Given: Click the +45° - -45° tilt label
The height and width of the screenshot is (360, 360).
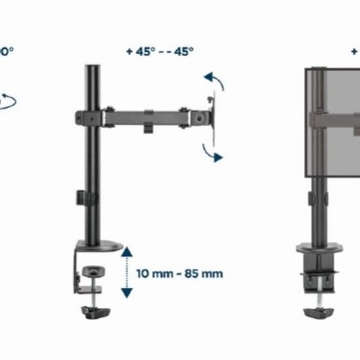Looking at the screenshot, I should tap(159, 50).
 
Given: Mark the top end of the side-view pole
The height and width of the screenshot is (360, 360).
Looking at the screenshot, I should tap(92, 68).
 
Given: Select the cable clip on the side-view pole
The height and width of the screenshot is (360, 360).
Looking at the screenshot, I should tap(82, 196).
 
